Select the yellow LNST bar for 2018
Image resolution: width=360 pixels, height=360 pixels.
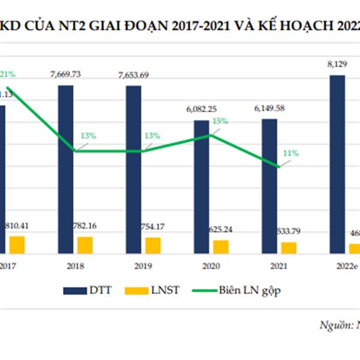85,245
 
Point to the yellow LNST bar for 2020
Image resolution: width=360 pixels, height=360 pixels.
221,247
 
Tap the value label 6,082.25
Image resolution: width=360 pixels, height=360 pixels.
202,109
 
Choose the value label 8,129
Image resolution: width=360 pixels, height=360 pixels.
337,64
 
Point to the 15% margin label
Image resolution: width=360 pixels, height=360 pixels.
220,121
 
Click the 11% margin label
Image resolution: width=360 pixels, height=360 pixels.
291,154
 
